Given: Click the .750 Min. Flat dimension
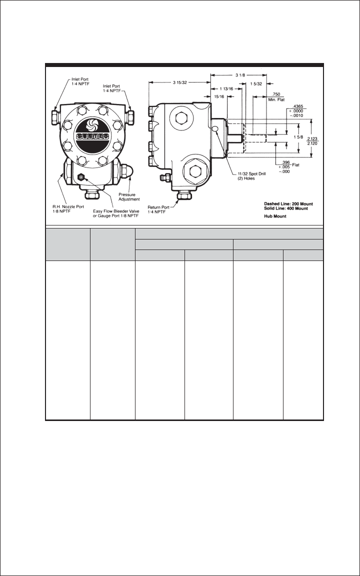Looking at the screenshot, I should [276, 96].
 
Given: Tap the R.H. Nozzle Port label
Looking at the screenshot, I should [67, 208].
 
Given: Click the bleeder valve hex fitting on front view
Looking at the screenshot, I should [80, 176].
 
